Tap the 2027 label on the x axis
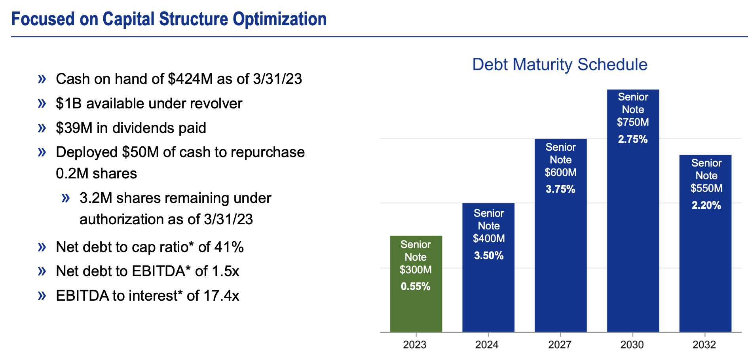560,345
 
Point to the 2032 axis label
704,345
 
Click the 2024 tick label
487,345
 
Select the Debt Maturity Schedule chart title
560,64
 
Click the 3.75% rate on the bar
560,189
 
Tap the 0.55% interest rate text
416,286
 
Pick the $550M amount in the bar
706,188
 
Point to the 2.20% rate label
706,205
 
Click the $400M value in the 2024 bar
489,239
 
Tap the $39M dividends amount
74,128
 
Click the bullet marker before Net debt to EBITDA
42,271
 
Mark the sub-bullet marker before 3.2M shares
66,198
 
